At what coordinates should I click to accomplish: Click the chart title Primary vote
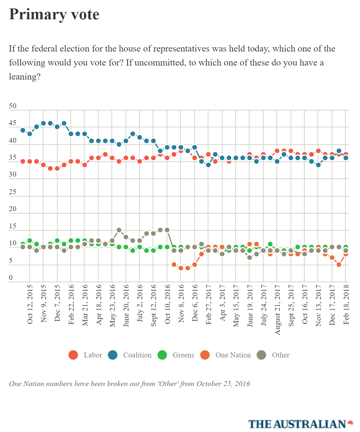(x=54, y=15)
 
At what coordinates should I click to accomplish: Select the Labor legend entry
(x=85, y=355)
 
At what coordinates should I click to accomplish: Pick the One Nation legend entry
(x=226, y=355)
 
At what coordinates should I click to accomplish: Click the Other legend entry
(x=273, y=355)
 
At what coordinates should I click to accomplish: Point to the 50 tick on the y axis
(x=13, y=106)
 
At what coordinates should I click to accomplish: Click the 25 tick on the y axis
(x=13, y=192)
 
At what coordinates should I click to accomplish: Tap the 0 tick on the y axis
(x=11, y=278)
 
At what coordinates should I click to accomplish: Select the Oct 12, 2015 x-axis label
(x=30, y=304)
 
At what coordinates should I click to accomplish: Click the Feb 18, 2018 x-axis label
(x=346, y=304)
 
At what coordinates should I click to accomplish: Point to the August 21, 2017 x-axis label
(x=277, y=310)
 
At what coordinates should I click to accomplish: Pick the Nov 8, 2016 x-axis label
(x=181, y=303)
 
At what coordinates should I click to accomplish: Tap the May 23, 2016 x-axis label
(x=112, y=305)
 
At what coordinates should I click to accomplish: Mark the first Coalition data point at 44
(x=23, y=130)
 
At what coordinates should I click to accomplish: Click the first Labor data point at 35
(x=23, y=161)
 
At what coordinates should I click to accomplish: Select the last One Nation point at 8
(x=346, y=254)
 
